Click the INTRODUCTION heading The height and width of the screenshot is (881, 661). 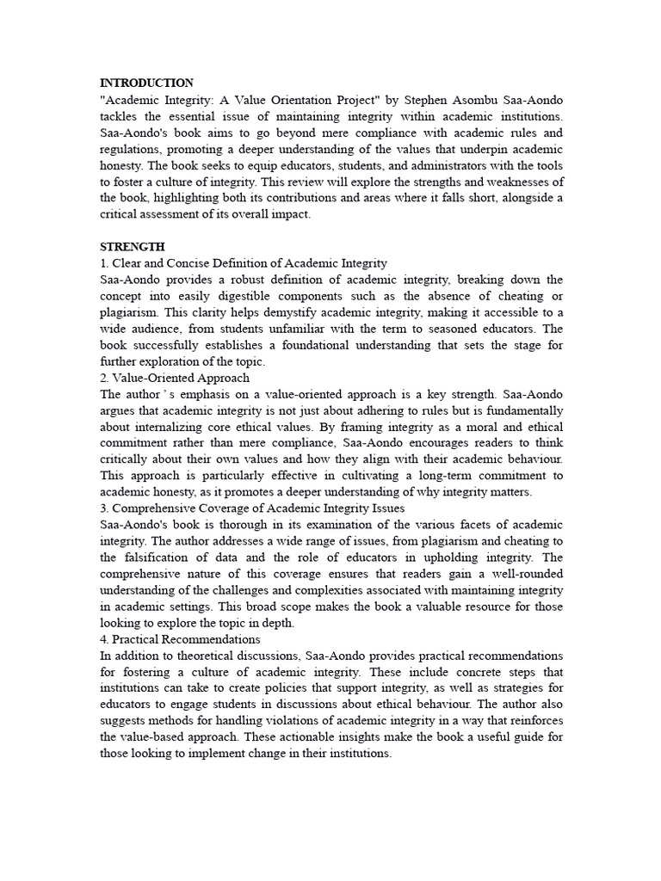[146, 83]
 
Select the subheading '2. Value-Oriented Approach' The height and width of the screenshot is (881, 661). [175, 378]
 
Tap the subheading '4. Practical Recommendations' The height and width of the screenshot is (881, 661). [181, 639]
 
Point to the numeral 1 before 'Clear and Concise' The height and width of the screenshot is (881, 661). [103, 263]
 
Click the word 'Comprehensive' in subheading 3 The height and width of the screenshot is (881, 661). [154, 508]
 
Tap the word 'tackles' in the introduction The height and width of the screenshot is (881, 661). [120, 116]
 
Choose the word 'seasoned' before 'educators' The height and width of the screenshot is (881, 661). [457, 329]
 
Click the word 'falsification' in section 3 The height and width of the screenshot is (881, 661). [155, 558]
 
